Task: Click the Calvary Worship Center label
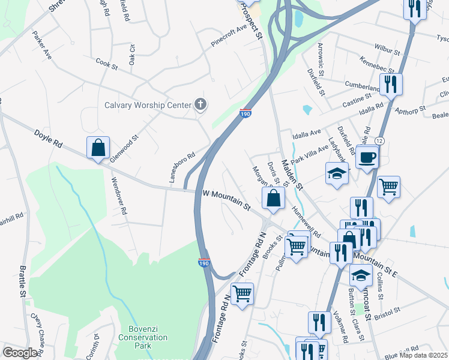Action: (147, 105)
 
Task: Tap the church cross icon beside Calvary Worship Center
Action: (200, 105)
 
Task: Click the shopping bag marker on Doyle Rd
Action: (98, 148)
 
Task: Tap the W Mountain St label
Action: (226, 200)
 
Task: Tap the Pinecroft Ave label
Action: (229, 37)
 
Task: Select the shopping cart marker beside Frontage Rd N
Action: (242, 294)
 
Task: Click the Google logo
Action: (20, 353)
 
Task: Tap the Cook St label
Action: (106, 64)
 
